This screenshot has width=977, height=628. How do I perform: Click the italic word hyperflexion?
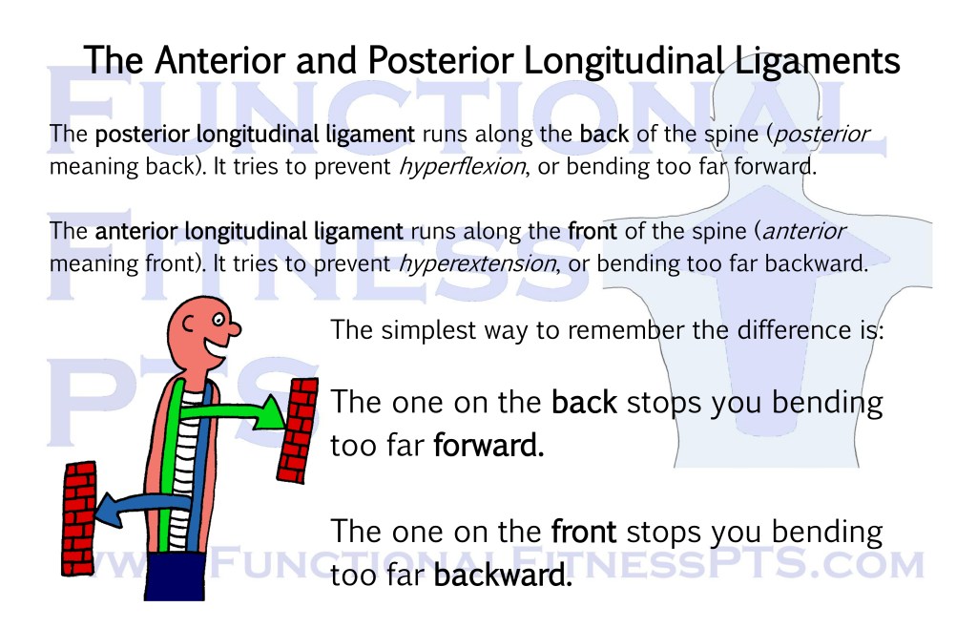pos(462,167)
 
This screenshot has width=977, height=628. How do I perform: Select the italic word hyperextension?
pos(477,264)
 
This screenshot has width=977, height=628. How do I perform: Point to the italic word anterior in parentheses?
pos(803,232)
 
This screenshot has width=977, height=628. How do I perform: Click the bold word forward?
pos(488,446)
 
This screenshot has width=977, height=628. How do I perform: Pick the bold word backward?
pos(502,576)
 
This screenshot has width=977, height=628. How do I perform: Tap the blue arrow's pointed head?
pos(111,510)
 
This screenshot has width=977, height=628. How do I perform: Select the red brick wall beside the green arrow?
pos(298,430)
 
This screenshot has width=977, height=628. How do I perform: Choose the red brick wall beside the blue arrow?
pos(78,518)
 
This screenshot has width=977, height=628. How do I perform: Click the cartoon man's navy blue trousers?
pos(176,576)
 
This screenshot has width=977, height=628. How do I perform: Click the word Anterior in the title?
pos(220,61)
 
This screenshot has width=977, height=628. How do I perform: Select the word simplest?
pos(428,331)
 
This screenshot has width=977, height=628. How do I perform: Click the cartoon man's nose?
pos(234,327)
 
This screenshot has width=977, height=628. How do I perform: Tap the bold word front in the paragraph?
pos(592,232)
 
